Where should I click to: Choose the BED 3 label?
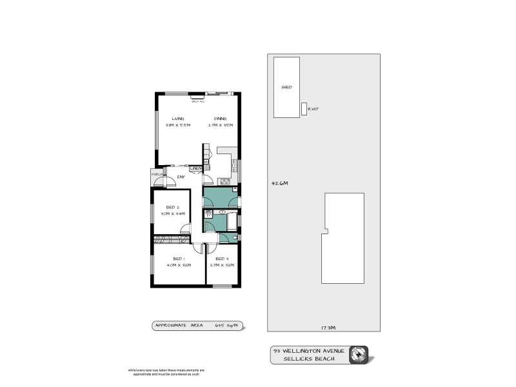click(x=223, y=258)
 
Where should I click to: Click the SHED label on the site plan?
click(x=286, y=86)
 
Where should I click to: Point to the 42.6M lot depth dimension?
click(x=280, y=183)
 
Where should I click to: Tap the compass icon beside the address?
click(x=359, y=355)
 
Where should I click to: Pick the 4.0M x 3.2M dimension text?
click(x=178, y=265)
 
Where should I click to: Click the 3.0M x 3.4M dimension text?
click(x=174, y=213)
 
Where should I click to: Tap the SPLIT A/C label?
click(x=197, y=101)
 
